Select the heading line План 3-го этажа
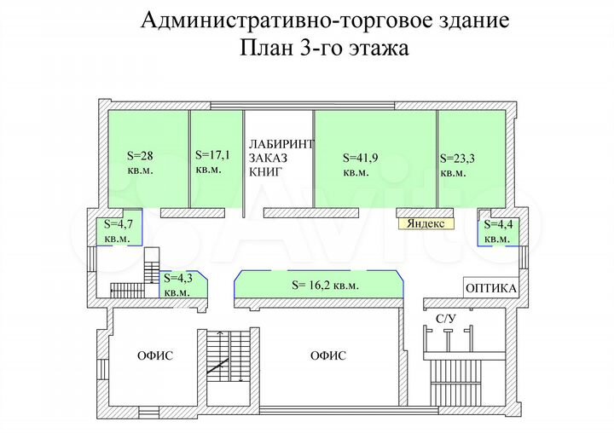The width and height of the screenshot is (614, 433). pyautogui.click(x=325, y=49)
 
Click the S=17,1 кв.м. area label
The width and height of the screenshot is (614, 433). pyautogui.click(x=212, y=161)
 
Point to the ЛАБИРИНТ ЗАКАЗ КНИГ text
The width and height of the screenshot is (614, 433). pyautogui.click(x=281, y=158)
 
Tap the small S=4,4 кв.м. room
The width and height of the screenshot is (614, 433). pyautogui.click(x=497, y=231)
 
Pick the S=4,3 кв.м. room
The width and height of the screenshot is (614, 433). pyautogui.click(x=180, y=285)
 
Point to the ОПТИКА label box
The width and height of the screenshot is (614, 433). pyautogui.click(x=491, y=288)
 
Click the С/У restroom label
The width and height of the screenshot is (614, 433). pyautogui.click(x=446, y=319)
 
